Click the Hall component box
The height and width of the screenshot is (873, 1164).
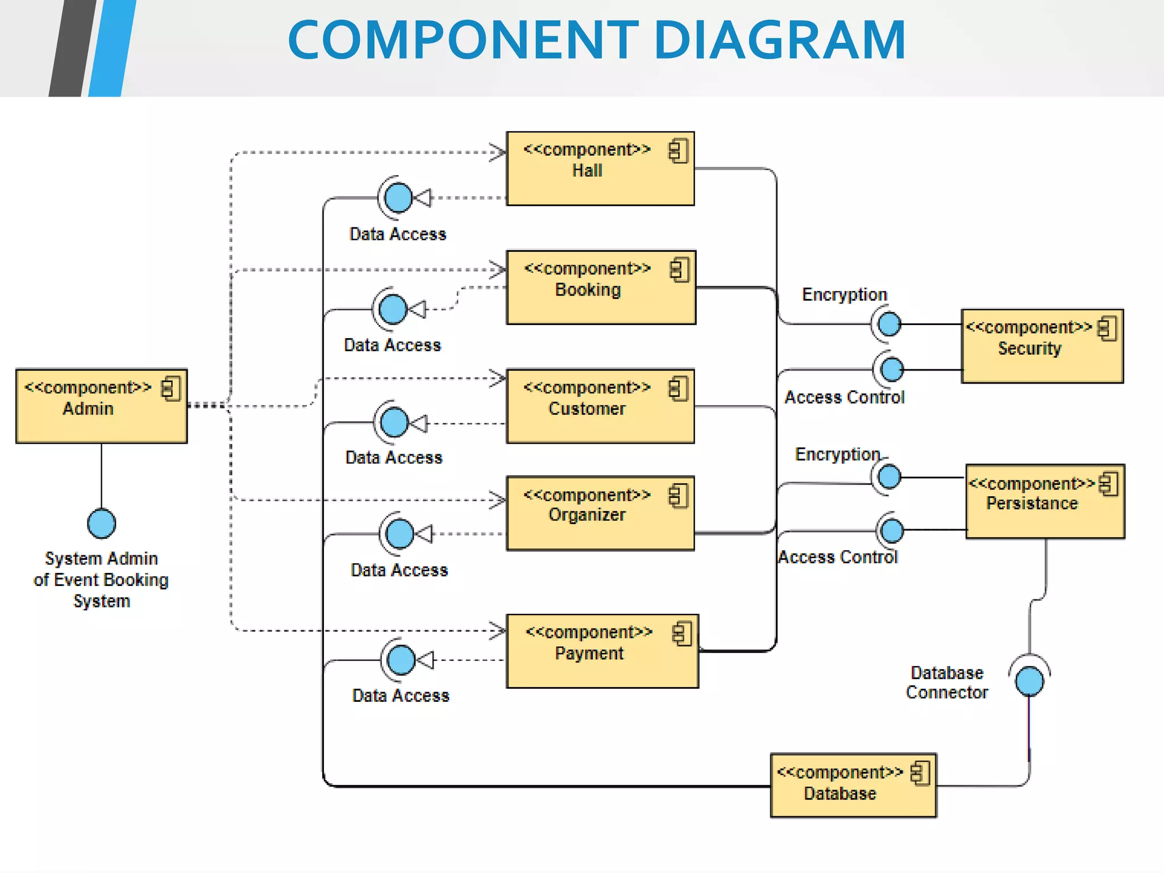pos(600,169)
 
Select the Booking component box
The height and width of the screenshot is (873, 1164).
pos(601,288)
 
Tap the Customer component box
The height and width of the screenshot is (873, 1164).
pos(600,406)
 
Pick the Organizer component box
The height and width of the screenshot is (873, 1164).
pos(600,513)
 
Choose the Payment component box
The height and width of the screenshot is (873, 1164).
pos(602,651)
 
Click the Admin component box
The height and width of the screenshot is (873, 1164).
pos(101,406)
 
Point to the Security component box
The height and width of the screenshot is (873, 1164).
pos(1042,346)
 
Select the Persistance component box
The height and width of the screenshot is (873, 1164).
pos(1045,501)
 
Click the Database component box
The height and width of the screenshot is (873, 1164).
pos(853,785)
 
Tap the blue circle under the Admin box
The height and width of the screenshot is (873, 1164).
pos(102,523)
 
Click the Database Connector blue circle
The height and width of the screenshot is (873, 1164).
pos(1029,681)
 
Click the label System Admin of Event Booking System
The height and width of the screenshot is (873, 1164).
pos(101,579)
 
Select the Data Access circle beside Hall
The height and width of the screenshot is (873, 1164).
pos(398,198)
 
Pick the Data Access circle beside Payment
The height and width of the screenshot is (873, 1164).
pos(401,660)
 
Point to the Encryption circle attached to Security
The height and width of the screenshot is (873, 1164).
pos(889,324)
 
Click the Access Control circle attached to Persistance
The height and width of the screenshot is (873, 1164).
pos(892,530)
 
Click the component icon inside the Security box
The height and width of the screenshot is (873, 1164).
pos(1107,329)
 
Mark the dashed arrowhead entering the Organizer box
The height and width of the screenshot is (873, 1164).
pos(498,500)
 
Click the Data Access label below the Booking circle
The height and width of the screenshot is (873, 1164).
pos(392,345)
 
